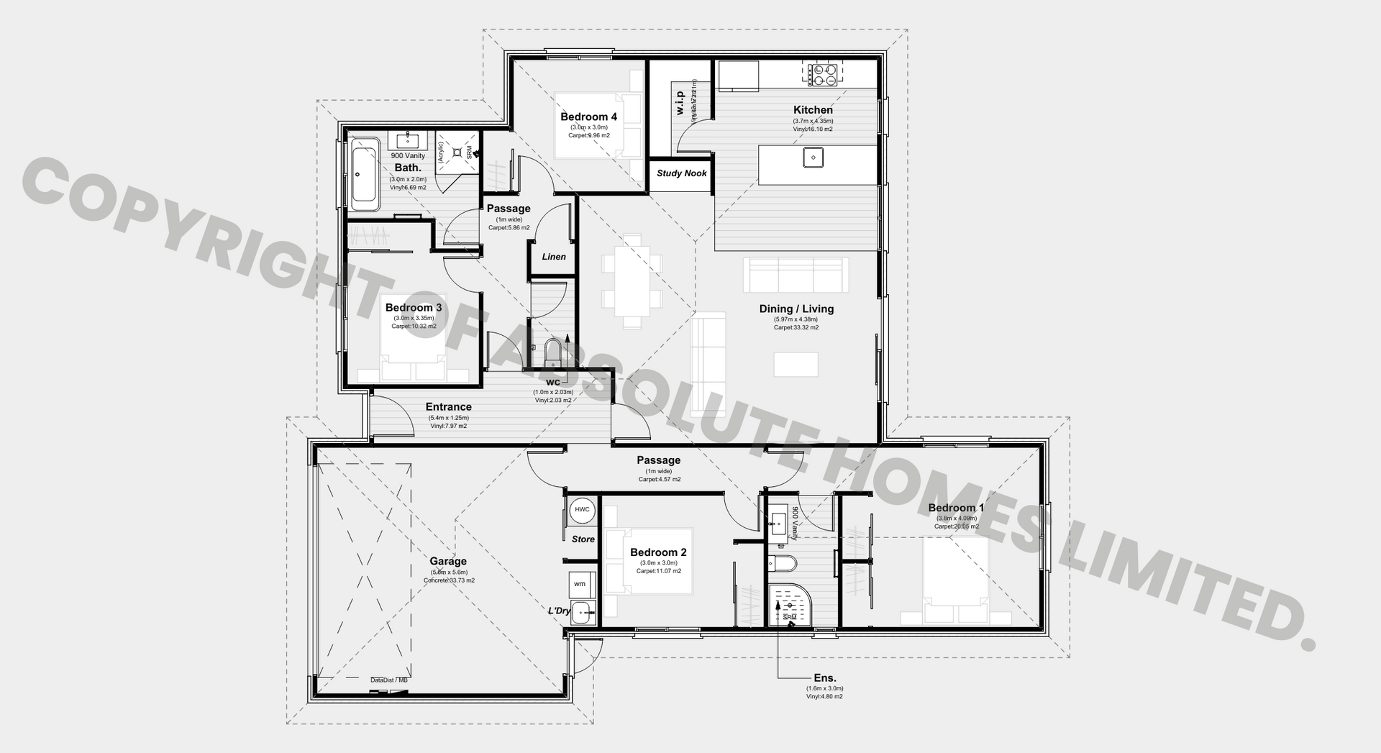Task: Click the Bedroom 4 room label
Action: (588, 117)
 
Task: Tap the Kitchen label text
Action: (813, 110)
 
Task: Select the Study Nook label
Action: (681, 173)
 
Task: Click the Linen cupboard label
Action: (553, 257)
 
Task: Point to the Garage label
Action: (448, 561)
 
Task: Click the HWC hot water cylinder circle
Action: (582, 510)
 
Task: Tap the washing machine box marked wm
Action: (580, 584)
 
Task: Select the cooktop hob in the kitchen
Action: (823, 75)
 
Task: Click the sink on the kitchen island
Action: (813, 157)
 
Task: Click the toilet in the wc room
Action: (552, 352)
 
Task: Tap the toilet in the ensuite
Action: (779, 562)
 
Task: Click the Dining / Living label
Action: (796, 309)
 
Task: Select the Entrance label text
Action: (448, 407)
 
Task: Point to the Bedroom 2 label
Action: (658, 552)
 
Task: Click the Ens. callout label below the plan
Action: (824, 677)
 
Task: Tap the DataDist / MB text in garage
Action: (388, 680)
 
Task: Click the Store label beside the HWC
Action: (583, 539)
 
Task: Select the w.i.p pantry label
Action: (680, 103)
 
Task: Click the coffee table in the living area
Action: (796, 364)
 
